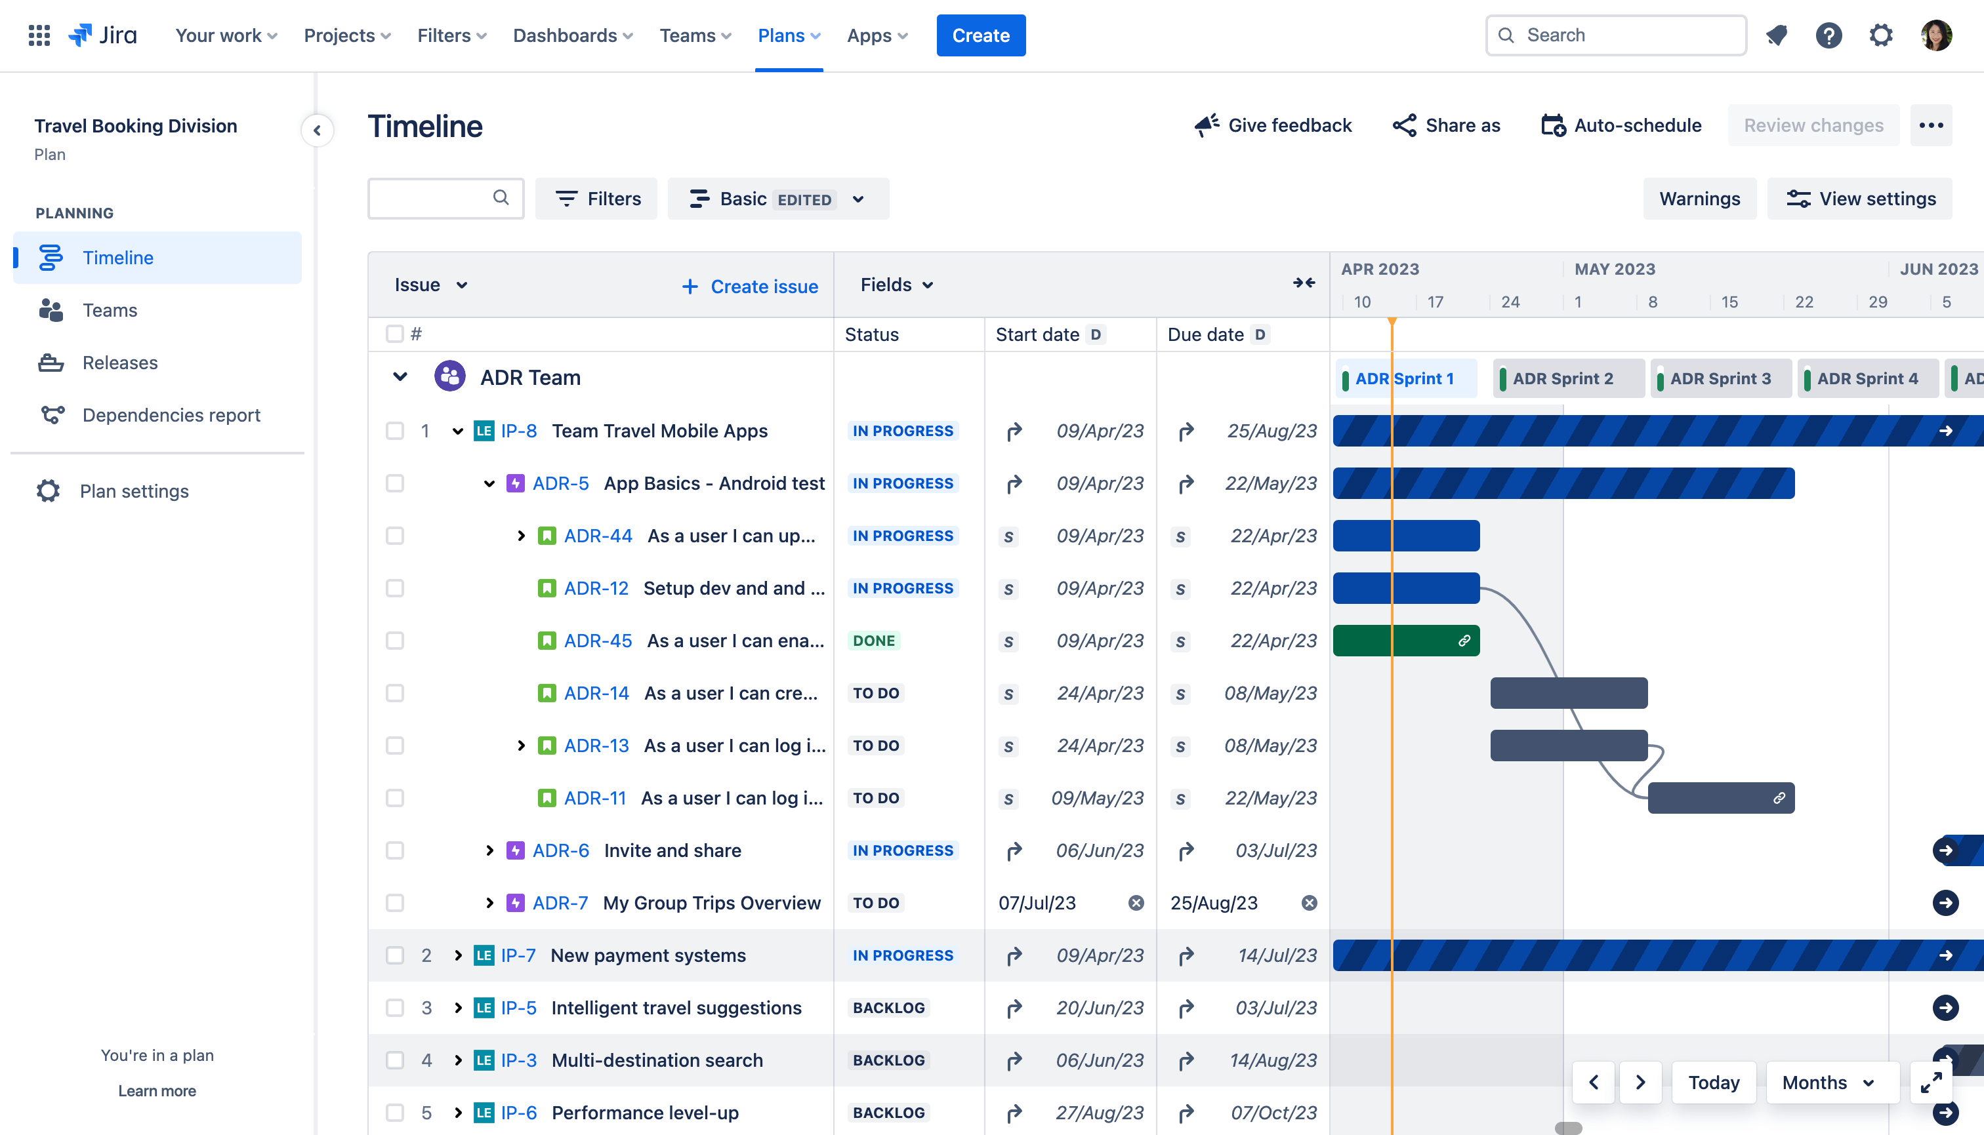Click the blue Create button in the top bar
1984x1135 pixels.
pos(980,35)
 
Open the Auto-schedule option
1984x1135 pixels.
pos(1621,125)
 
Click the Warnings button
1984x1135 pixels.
pos(1699,199)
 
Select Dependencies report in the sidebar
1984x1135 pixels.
pos(171,414)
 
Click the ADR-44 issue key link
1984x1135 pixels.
pos(598,536)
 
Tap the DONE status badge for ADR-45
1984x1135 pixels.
pos(873,641)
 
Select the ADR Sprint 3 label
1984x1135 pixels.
pos(1720,379)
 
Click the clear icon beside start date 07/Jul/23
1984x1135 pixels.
pos(1136,903)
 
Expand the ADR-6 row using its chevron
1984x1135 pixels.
pos(489,850)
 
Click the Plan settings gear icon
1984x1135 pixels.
pos(49,491)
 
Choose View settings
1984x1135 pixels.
pos(1860,199)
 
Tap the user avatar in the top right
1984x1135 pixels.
pos(1935,35)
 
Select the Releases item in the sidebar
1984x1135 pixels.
pos(119,363)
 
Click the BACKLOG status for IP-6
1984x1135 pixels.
pos(888,1113)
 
